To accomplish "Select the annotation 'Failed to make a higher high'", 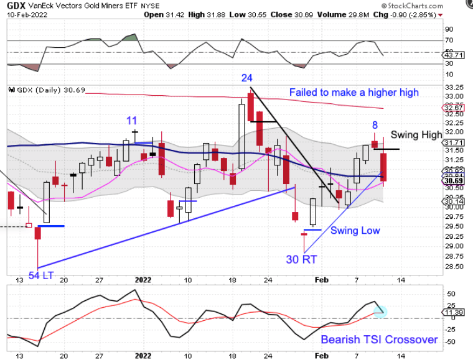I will pyautogui.click(x=354, y=92).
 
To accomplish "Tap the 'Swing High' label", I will pyautogui.click(x=416, y=135).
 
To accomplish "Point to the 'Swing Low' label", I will pyautogui.click(x=355, y=230).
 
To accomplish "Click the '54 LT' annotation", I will pyautogui.click(x=43, y=274).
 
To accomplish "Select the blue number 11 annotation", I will pyautogui.click(x=132, y=121).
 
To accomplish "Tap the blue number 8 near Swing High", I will pyautogui.click(x=375, y=125).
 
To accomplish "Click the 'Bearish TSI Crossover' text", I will pyautogui.click(x=379, y=340).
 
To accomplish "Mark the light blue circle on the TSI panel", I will pyautogui.click(x=381, y=310).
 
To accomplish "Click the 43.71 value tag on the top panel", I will pyautogui.click(x=453, y=55).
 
